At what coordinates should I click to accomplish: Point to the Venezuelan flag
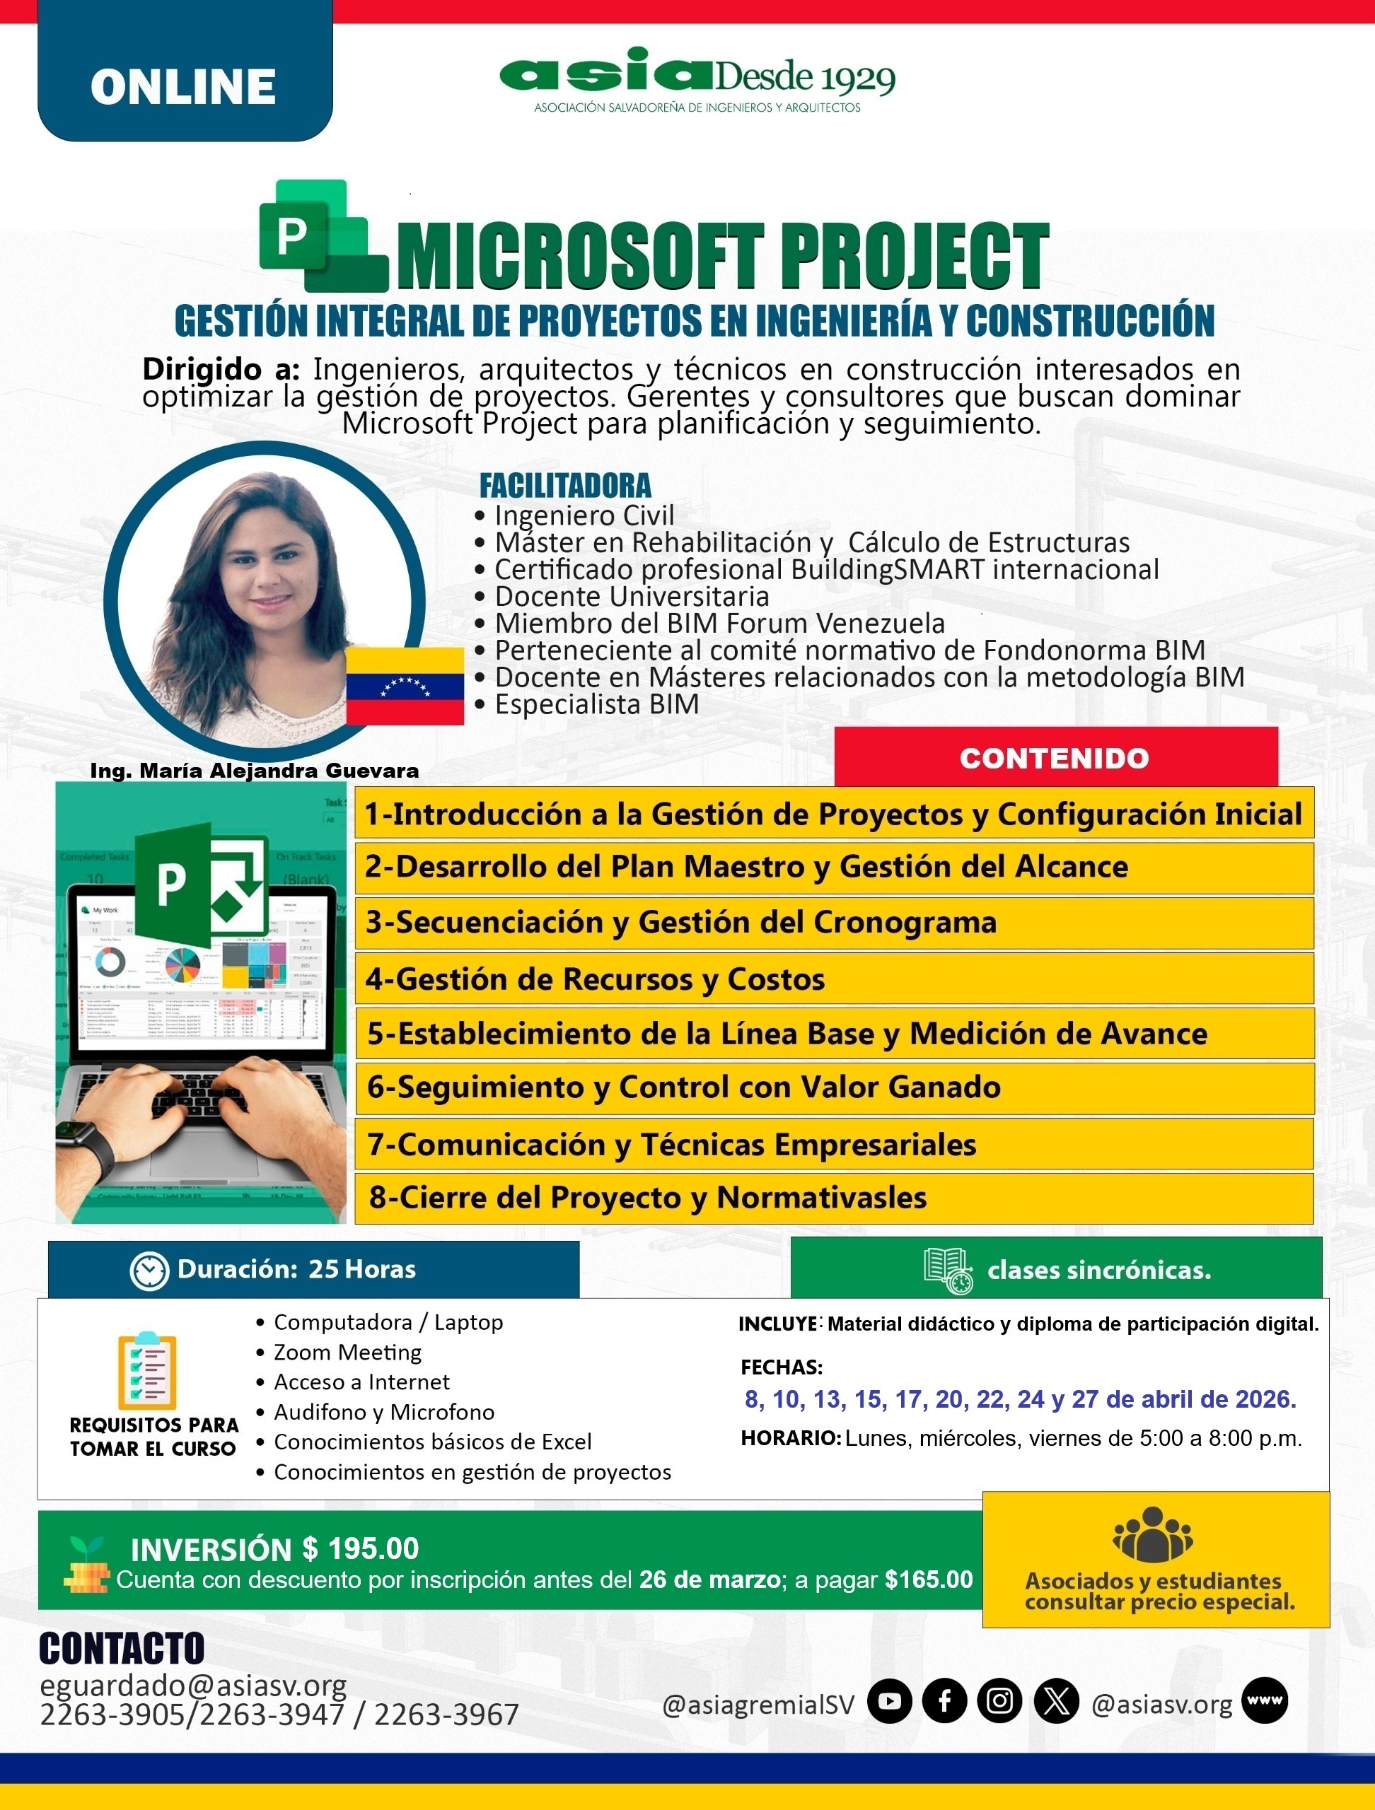pyautogui.click(x=405, y=686)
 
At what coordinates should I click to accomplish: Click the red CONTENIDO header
pyautogui.click(x=1055, y=758)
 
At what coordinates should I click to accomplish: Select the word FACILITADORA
pyautogui.click(x=564, y=485)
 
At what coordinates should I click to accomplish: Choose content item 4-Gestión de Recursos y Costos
pyautogui.click(x=595, y=979)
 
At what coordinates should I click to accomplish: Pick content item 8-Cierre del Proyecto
pyautogui.click(x=647, y=1197)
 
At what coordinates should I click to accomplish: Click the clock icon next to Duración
pyautogui.click(x=149, y=1270)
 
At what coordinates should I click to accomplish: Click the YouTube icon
pyautogui.click(x=890, y=1701)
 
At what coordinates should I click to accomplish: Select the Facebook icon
pyautogui.click(x=944, y=1701)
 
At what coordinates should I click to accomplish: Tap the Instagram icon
pyautogui.click(x=999, y=1701)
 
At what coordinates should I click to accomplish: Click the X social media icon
pyautogui.click(x=1056, y=1701)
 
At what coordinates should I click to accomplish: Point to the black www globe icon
pyautogui.click(x=1265, y=1700)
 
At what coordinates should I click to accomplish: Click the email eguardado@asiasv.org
pyautogui.click(x=193, y=1685)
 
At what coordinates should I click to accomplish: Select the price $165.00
pyautogui.click(x=929, y=1580)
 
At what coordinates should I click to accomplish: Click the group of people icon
pyautogui.click(x=1152, y=1535)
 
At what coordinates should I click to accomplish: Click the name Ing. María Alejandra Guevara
pyautogui.click(x=254, y=770)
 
